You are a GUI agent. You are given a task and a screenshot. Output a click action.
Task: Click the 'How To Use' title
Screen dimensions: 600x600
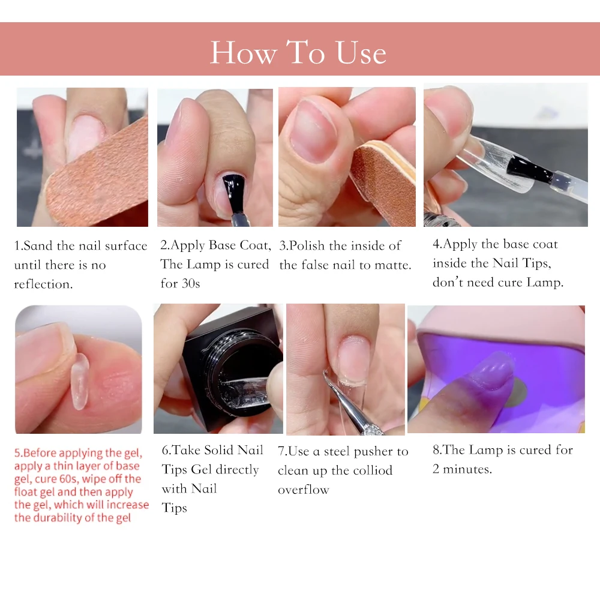click(x=298, y=52)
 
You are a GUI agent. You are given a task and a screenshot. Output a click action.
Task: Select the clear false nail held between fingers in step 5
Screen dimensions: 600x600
click(x=80, y=382)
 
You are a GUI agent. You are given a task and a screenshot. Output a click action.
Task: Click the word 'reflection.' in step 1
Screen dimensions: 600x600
click(x=43, y=284)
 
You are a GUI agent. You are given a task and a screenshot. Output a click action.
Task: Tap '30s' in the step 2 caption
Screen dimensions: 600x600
click(x=191, y=284)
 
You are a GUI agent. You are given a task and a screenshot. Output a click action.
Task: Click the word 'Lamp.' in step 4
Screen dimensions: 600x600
click(x=545, y=283)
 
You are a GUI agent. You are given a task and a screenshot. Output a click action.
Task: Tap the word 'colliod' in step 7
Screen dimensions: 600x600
click(x=373, y=470)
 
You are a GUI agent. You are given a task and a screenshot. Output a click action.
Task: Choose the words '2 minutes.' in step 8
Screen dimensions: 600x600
click(x=462, y=469)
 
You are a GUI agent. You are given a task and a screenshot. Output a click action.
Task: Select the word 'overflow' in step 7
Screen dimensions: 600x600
click(x=304, y=490)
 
